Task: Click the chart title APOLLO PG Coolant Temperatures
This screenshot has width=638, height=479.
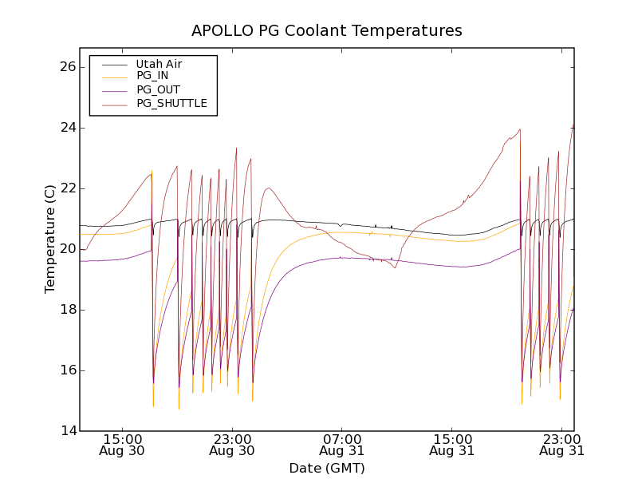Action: pos(326,31)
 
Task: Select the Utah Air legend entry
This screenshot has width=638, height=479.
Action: pos(159,64)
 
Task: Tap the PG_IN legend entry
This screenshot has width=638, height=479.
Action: pos(152,76)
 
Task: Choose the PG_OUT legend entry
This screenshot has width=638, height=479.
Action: pos(158,89)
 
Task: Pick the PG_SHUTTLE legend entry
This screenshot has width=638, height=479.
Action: pos(171,103)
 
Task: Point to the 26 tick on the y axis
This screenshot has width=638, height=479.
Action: pos(66,67)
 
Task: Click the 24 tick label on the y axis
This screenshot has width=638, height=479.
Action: pos(66,128)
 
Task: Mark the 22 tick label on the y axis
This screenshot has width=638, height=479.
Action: pos(66,188)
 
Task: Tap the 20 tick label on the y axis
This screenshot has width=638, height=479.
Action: pos(66,249)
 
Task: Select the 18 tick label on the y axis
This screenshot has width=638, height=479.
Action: pos(66,310)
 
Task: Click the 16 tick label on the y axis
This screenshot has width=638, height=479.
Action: pos(66,370)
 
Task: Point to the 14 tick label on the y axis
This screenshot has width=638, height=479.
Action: pos(66,431)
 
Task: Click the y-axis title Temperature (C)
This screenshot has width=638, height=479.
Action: pos(50,239)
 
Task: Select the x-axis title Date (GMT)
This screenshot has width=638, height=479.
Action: pos(326,468)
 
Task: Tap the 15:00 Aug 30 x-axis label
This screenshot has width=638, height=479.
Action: pos(122,445)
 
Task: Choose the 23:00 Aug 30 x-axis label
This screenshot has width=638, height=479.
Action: pos(232,445)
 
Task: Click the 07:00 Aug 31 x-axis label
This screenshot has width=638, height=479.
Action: pos(342,445)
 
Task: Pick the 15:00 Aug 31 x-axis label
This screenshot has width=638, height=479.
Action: pos(451,445)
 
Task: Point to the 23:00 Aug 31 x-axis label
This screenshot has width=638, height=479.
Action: pos(561,445)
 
